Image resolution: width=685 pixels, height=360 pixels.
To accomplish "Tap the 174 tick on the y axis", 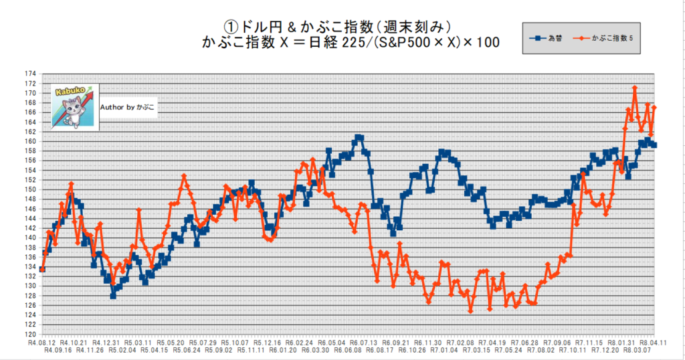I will pyautogui.click(x=31, y=74).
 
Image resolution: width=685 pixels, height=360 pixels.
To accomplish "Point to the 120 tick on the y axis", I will pyautogui.click(x=31, y=334).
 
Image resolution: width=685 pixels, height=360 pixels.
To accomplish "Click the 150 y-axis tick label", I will pyautogui.click(x=31, y=189).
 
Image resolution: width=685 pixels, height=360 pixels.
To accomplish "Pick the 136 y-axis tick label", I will pyautogui.click(x=31, y=257).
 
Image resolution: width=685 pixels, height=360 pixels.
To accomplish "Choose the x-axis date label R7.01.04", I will pyautogui.click(x=444, y=349).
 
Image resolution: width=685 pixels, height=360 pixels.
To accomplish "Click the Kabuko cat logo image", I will pyautogui.click(x=75, y=106).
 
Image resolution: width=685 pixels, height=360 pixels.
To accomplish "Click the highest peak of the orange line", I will pyautogui.click(x=634, y=88).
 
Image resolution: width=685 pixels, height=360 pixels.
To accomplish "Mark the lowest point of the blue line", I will pyautogui.click(x=113, y=295).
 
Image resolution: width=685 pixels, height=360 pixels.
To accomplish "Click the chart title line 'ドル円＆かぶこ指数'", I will pyautogui.click(x=342, y=26).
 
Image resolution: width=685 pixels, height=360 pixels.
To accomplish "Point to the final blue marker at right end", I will pyautogui.click(x=654, y=145).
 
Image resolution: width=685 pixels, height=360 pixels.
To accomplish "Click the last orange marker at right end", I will pyautogui.click(x=654, y=107).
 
